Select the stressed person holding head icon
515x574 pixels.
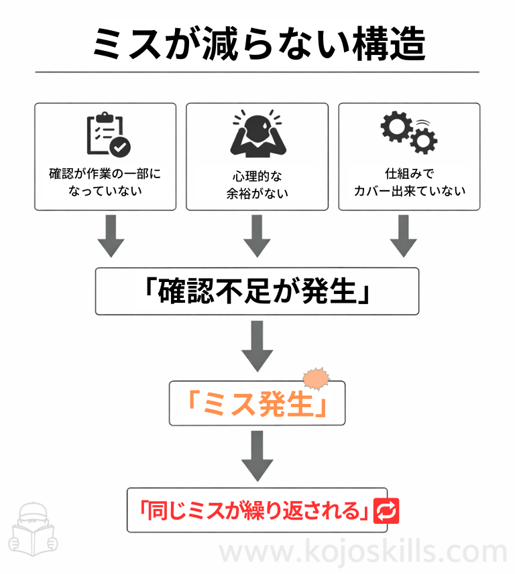(257, 135)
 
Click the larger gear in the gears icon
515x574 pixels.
(395, 126)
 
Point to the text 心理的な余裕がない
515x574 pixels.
(257, 186)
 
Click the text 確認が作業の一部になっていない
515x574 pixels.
(105, 182)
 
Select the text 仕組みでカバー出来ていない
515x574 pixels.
(409, 182)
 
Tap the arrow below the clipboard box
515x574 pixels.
(111, 236)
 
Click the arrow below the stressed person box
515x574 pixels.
(257, 236)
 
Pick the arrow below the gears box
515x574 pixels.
(404, 236)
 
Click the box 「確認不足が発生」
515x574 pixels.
(257, 291)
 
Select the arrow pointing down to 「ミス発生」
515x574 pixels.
(257, 346)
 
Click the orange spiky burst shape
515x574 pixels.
(317, 379)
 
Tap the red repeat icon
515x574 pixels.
(387, 511)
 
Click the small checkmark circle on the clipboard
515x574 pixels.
(121, 146)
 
